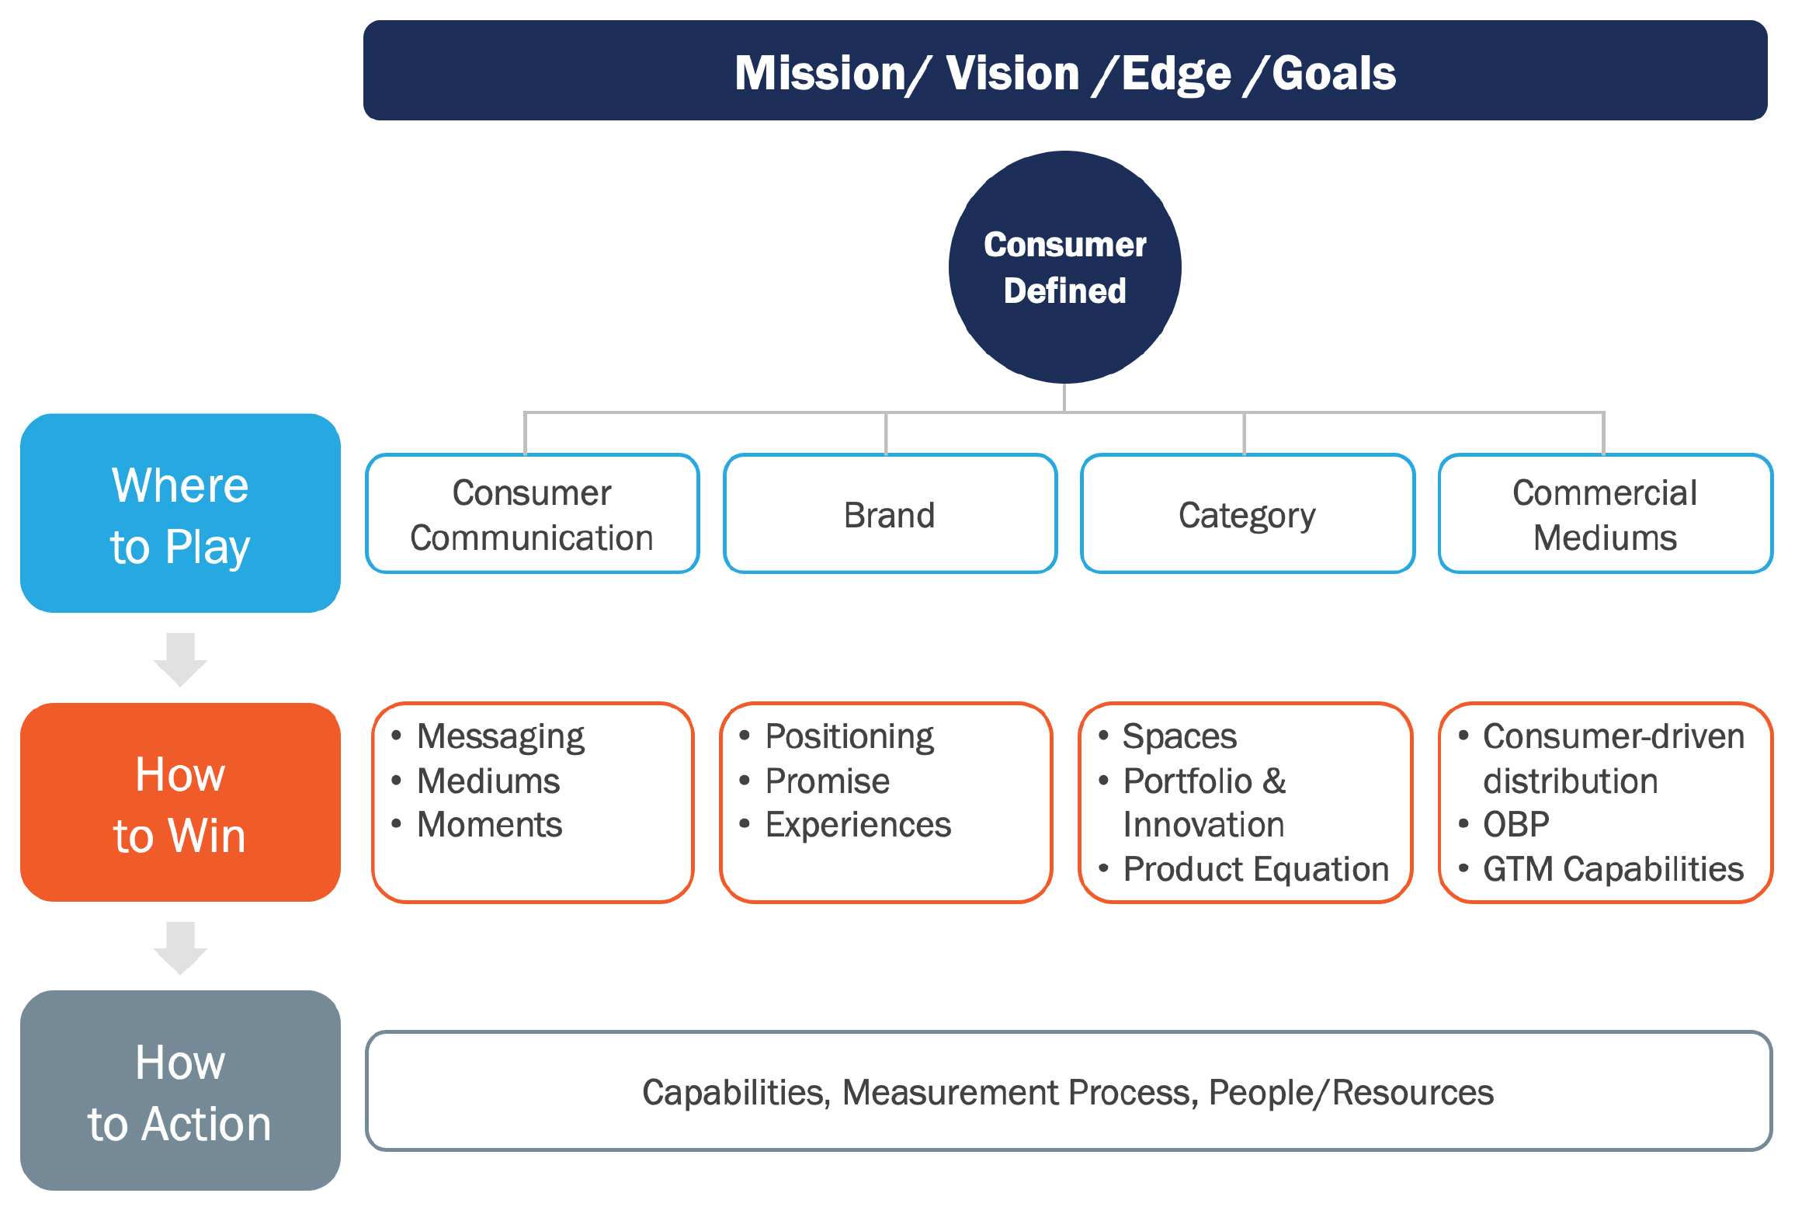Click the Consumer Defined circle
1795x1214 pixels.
1064,266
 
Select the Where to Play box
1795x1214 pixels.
180,513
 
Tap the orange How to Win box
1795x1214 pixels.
180,802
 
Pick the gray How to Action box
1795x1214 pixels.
180,1090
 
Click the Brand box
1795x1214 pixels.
890,513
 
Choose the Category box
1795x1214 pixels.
1248,513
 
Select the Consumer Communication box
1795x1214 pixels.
533,513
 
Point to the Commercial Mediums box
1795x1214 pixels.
1606,513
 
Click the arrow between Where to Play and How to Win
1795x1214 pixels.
180,659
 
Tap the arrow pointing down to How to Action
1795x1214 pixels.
180,948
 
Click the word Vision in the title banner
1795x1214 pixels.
1012,73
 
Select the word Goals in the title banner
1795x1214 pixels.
1334,73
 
